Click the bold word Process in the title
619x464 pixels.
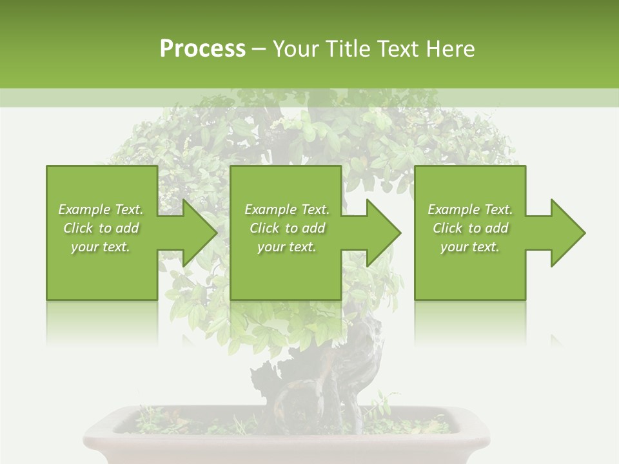click(202, 49)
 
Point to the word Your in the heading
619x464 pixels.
click(297, 49)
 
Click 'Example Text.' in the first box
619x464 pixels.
click(101, 209)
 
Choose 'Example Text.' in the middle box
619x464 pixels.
click(287, 209)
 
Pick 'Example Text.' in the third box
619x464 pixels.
click(470, 209)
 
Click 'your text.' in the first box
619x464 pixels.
click(101, 247)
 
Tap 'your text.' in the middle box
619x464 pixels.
click(287, 247)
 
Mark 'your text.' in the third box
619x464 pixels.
click(470, 247)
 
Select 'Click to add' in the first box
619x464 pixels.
click(101, 228)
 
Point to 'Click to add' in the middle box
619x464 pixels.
click(287, 228)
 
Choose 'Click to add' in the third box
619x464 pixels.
click(470, 228)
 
